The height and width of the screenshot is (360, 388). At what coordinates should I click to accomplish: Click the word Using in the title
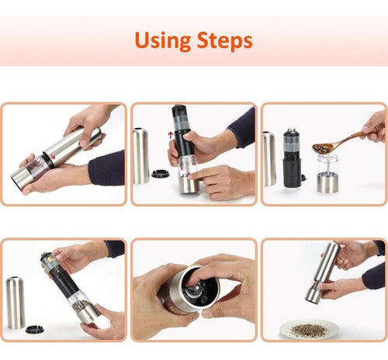coord(163,40)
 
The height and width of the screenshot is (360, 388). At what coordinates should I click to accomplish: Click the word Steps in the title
coord(224,40)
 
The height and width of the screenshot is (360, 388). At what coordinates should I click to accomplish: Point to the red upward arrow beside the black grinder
coord(170,135)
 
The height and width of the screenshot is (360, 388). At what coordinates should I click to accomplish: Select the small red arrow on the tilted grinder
coord(53,156)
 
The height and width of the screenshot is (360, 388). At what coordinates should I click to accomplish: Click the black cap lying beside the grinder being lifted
coord(161,174)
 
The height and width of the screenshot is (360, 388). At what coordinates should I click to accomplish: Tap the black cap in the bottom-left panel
coord(34,329)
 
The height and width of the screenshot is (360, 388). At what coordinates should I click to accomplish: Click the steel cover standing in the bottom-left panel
coord(16,303)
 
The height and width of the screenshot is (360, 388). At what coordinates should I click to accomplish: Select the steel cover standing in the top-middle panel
coord(141,155)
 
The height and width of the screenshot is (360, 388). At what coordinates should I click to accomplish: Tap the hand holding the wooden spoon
coord(374,126)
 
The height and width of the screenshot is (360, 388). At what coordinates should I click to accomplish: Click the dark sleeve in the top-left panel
coord(106,168)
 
